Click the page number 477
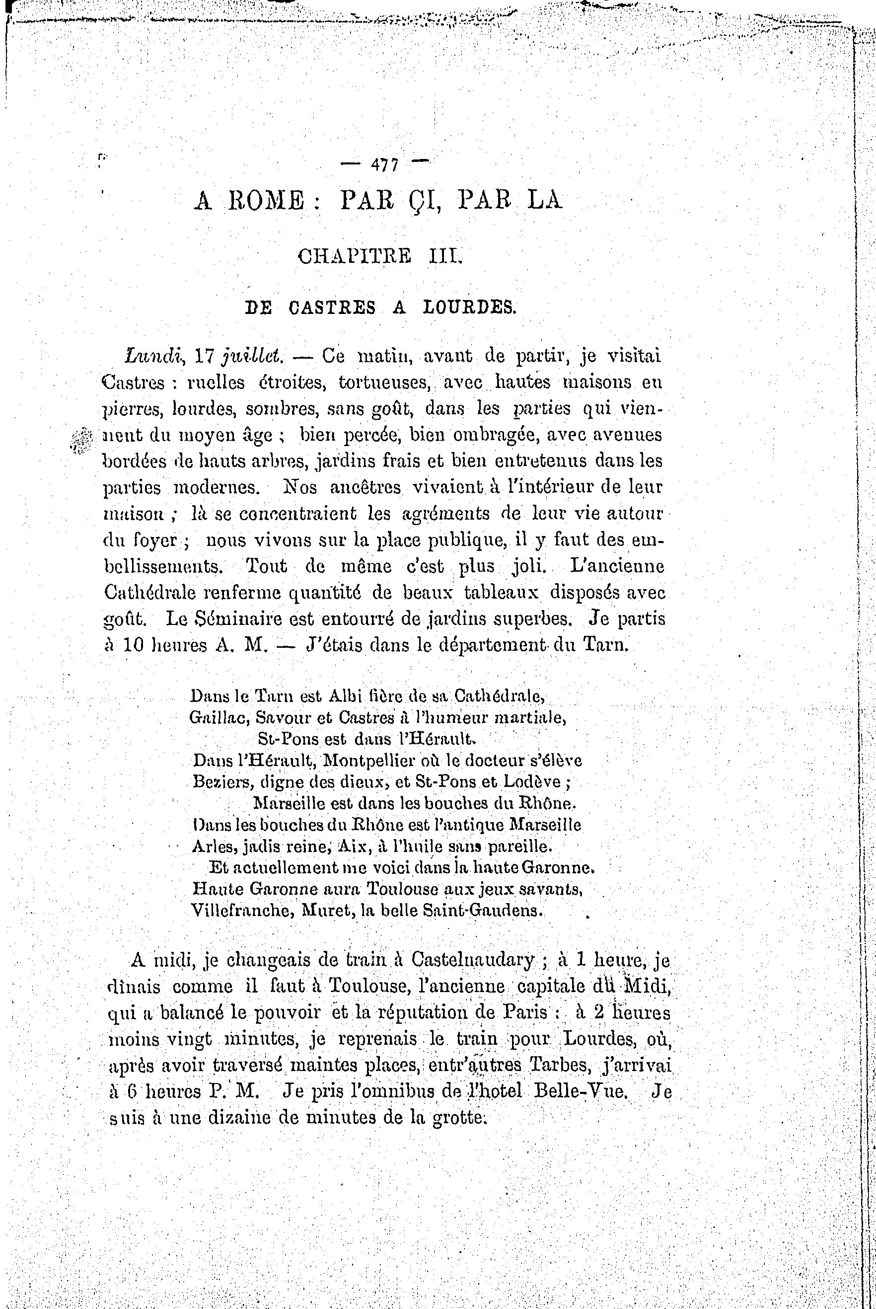coord(384,165)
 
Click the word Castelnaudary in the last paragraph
coord(472,960)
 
